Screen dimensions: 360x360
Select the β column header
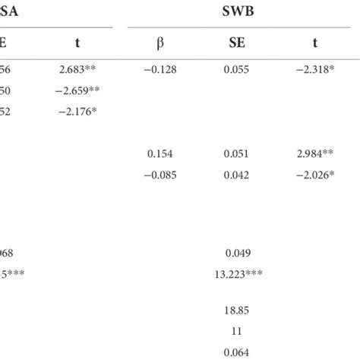[159, 43]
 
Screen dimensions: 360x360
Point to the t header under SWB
[315, 43]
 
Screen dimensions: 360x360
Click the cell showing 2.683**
[78, 70]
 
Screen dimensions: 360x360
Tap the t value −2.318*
[315, 70]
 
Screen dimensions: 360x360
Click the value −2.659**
[78, 91]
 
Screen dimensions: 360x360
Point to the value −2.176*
[78, 112]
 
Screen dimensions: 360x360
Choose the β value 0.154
[159, 153]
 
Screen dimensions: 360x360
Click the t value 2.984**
[315, 153]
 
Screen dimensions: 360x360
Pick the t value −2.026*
[315, 174]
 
